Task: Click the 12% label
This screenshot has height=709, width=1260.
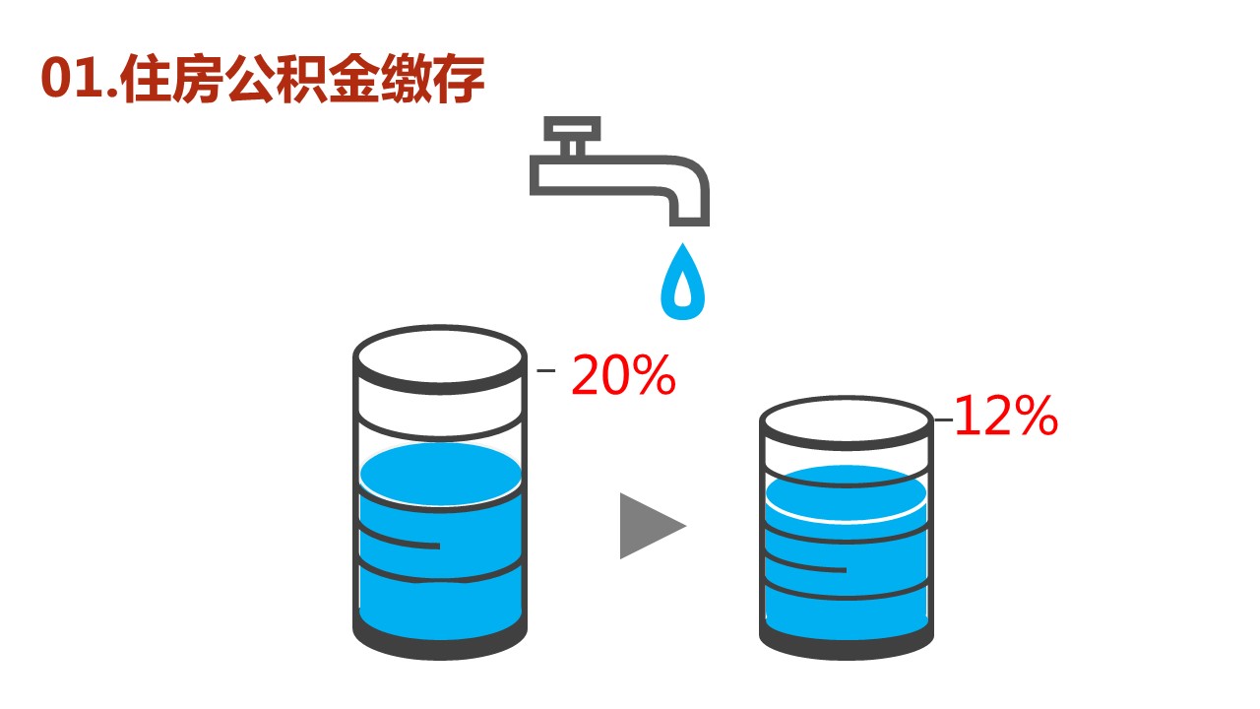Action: tap(1005, 418)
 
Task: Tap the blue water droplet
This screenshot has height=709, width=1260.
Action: tap(683, 285)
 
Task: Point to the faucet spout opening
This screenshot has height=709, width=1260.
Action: tap(690, 219)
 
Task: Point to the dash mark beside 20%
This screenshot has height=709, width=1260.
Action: tap(545, 370)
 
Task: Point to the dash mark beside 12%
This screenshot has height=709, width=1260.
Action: tap(942, 420)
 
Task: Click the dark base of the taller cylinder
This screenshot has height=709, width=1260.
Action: tap(439, 645)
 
